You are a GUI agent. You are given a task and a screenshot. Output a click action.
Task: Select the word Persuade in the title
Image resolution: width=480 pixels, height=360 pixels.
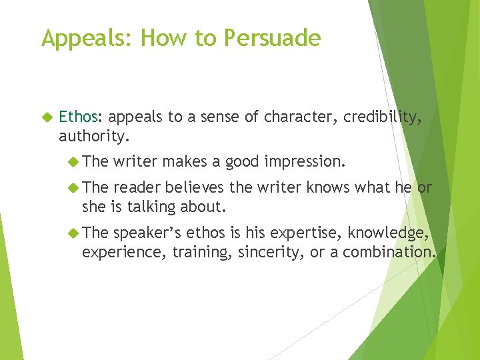coord(272,39)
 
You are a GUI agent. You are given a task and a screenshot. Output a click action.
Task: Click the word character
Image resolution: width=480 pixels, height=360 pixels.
coord(300,117)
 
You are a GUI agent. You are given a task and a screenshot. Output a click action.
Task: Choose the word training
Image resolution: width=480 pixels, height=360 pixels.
coord(200,252)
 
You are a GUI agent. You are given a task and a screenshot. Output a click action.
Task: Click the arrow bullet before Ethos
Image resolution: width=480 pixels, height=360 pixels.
coord(47,118)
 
